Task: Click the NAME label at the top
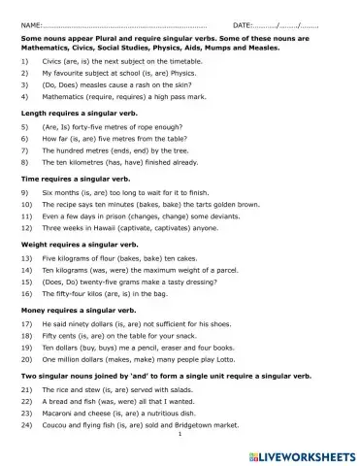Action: (x=30, y=22)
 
